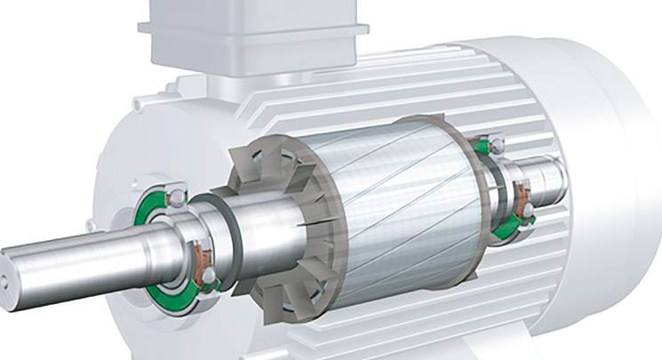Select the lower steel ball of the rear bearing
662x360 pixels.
click(530, 209)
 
